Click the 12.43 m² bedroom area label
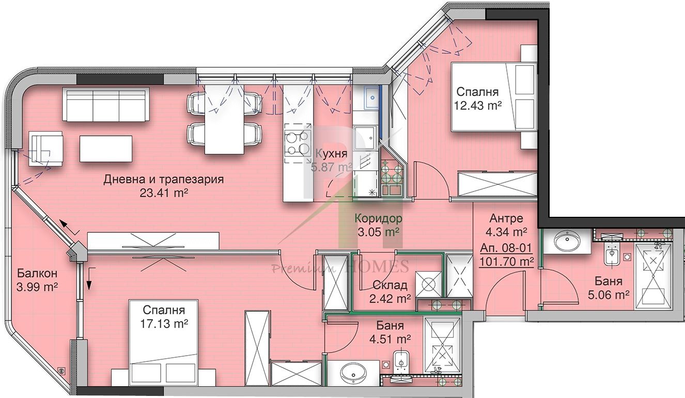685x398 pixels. point(477,106)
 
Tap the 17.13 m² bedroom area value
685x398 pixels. point(164,324)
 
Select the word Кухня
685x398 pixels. point(331,154)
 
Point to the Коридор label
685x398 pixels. point(379,218)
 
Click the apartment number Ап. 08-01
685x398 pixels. point(506,248)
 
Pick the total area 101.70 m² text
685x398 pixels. point(506,262)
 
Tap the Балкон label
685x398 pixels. point(37,273)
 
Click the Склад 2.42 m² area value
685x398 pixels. point(390,299)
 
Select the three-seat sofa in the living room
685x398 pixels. point(106,105)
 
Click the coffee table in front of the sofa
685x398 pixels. point(106,149)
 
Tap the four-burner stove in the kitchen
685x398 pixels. point(297,144)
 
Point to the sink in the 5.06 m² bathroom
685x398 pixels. point(567,241)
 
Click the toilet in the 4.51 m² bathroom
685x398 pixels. point(400,363)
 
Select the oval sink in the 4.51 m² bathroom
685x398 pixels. point(353,375)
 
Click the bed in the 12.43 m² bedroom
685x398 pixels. point(494,97)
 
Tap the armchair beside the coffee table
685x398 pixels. point(46,149)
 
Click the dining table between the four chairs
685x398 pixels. point(225,119)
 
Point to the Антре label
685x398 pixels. point(506,218)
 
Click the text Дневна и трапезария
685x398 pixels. point(164,180)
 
